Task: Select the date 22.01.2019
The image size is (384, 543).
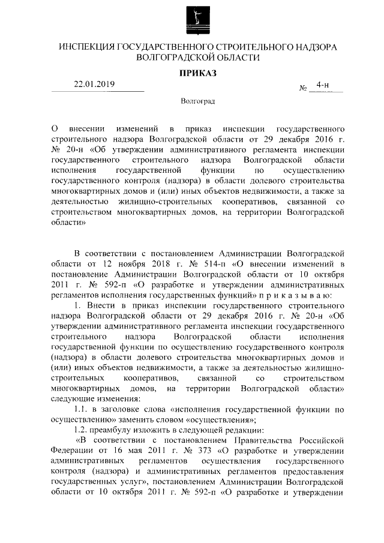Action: click(94, 84)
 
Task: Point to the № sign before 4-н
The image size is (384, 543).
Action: click(302, 88)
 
